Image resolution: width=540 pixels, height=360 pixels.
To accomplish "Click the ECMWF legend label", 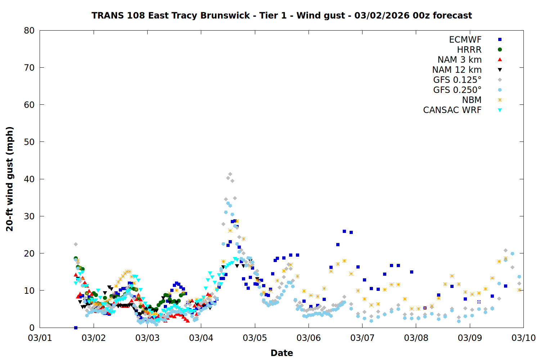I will coord(465,40).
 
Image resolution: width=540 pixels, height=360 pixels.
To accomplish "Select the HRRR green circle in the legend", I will coord(500,50).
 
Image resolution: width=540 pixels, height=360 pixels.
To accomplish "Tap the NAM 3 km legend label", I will coord(459,60).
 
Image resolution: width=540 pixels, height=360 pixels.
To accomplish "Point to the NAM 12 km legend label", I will coord(457,70).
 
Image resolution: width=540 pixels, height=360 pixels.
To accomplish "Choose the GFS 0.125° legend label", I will coord(457,80).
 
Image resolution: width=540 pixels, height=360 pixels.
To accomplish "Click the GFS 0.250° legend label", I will coord(457,90).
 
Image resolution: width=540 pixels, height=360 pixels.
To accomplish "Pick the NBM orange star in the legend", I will coord(500,100).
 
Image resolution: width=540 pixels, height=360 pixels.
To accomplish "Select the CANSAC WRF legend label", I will coord(452,110).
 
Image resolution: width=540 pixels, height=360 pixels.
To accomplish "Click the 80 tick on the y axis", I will coord(29,31).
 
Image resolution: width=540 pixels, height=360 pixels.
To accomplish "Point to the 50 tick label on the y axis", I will coord(29,142).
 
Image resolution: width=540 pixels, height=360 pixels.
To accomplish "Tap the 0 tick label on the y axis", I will coord(32,328).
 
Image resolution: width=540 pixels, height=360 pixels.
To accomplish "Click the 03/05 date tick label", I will coord(255,338).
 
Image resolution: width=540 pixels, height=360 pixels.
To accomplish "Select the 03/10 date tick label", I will coord(523,338).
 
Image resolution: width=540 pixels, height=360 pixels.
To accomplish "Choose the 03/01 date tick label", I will coord(40,338).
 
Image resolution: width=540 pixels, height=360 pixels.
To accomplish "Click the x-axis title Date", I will coord(282,353).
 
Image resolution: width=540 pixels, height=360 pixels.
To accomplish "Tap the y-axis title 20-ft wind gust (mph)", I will coord(10,179).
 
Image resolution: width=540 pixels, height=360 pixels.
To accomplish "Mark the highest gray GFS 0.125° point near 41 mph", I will coord(230,174).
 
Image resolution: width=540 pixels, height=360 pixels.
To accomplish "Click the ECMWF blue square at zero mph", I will coord(76,328).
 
